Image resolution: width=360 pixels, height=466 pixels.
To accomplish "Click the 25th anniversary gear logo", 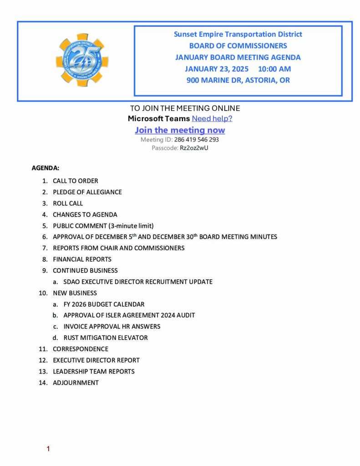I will tap(82, 60).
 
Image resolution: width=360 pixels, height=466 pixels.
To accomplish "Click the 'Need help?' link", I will tap(212, 119).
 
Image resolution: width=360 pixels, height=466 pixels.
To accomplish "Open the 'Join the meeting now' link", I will tap(180, 130).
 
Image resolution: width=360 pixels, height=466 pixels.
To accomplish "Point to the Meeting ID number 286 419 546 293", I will tap(196, 140).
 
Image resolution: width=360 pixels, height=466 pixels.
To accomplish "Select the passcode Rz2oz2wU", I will tap(194, 148).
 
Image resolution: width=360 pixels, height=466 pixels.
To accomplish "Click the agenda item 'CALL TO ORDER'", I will tap(75, 181).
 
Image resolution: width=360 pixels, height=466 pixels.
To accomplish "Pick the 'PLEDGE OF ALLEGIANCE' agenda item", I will tap(87, 192).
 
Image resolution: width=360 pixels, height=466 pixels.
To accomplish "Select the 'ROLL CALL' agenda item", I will tap(68, 203).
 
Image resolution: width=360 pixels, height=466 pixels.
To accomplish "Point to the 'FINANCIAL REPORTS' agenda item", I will tap(82, 259).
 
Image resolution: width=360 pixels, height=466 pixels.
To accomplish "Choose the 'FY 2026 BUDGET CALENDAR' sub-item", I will tap(104, 304).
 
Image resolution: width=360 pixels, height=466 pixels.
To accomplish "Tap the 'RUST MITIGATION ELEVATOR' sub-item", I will tap(106, 338).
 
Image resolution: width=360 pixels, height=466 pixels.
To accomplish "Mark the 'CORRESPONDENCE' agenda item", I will tap(80, 349).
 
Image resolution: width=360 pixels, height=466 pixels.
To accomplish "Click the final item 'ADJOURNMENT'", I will tap(76, 383).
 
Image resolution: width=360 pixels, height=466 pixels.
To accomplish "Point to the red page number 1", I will tap(48, 449).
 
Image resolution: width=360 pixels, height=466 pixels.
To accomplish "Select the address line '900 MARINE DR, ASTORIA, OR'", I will tap(238, 81).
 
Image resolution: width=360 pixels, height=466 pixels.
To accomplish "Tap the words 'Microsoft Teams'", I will tap(159, 119).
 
